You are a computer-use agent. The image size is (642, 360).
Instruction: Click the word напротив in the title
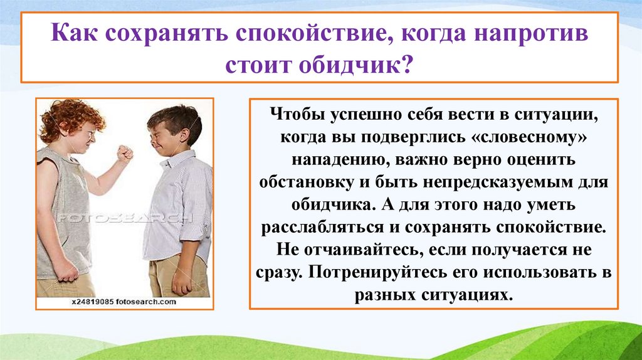531,34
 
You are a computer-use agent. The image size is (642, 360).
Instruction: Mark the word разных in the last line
384,295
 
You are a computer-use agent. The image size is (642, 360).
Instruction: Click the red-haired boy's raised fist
125,153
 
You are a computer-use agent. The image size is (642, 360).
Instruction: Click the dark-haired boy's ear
185,135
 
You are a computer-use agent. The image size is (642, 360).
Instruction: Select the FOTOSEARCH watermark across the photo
124,218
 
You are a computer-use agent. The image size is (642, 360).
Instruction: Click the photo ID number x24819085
92,302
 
